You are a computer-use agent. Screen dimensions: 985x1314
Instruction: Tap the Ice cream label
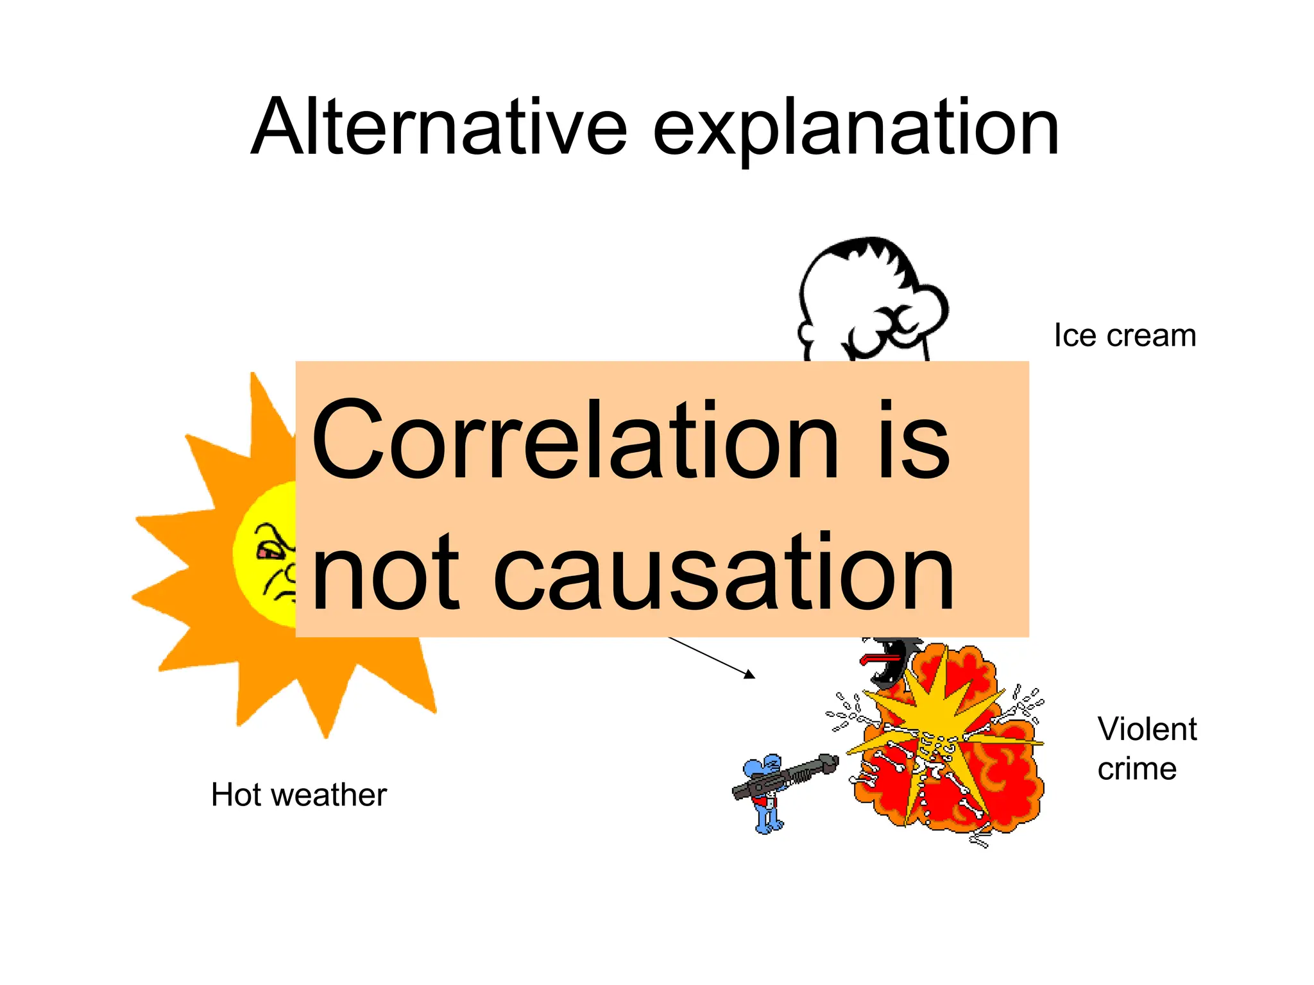[x=1125, y=335]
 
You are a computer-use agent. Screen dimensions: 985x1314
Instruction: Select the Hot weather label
[x=298, y=795]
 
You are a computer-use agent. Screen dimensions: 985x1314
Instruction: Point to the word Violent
[x=1147, y=729]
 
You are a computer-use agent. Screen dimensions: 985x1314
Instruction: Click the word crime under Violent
[x=1137, y=769]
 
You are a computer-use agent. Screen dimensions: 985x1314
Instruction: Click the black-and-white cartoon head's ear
[x=806, y=333]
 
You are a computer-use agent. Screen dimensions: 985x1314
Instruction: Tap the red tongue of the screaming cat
[x=876, y=658]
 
